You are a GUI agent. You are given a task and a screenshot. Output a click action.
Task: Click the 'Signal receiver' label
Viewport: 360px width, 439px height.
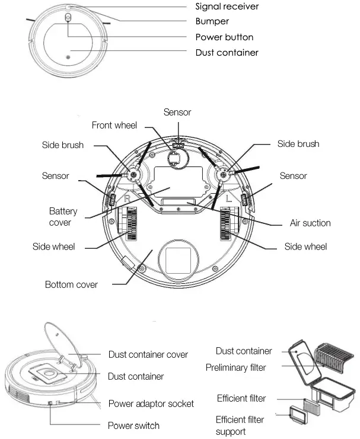[x=227, y=7]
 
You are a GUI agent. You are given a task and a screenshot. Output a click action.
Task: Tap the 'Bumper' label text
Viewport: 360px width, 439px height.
[x=212, y=21]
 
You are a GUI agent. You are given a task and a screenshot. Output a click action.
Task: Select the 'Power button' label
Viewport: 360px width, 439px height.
[x=224, y=37]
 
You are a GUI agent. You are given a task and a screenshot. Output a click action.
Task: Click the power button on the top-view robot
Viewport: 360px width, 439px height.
[x=68, y=18]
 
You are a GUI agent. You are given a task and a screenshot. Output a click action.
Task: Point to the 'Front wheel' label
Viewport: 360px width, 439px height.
[x=114, y=125]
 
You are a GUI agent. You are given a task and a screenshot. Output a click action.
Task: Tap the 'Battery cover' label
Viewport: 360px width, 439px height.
[x=63, y=216]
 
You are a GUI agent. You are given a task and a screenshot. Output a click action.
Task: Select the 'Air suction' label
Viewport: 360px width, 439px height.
[x=310, y=223]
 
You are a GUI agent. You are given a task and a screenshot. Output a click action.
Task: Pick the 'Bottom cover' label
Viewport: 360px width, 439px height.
[x=71, y=284]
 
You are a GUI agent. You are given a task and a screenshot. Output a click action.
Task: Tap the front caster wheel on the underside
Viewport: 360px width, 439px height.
[x=174, y=158]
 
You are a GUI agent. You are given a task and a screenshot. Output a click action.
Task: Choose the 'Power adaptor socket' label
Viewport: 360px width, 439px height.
[x=151, y=403]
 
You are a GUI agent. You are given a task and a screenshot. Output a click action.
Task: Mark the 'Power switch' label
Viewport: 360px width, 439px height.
[x=133, y=425]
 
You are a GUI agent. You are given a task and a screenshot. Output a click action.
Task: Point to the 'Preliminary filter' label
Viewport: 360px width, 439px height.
[x=235, y=367]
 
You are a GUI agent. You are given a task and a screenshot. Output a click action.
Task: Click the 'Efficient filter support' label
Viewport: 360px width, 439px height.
[x=240, y=425]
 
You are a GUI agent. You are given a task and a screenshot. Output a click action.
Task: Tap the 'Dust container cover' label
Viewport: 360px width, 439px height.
[x=148, y=354]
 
